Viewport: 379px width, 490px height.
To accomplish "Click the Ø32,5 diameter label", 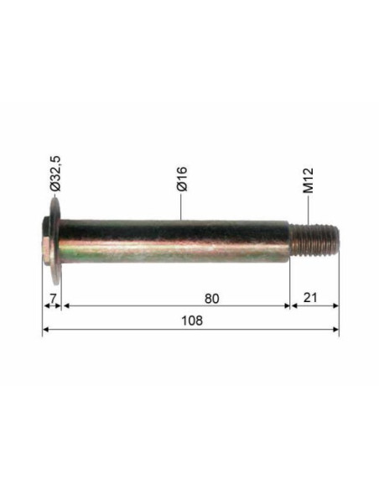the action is (56, 173).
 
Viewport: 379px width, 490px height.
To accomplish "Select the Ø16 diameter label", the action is (182, 179).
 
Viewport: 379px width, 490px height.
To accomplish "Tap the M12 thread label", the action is (308, 180).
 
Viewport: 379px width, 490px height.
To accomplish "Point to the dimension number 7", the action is (53, 299).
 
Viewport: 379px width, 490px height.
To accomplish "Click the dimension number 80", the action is (211, 299).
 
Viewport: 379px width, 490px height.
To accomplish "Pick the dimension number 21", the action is (310, 298).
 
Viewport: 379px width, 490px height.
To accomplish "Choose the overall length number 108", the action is (192, 321).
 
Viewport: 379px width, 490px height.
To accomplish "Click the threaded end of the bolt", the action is (314, 240).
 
